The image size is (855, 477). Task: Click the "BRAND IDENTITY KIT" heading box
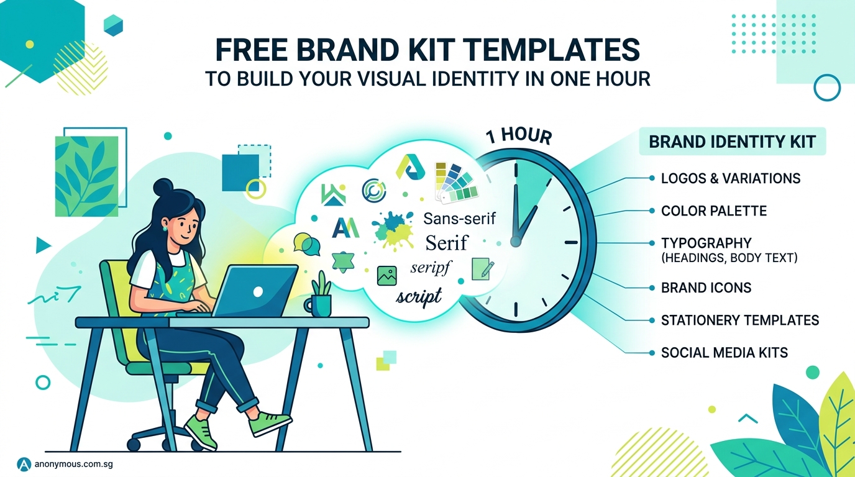(732, 142)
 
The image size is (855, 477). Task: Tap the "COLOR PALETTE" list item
(713, 211)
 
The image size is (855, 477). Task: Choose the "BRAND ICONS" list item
(706, 288)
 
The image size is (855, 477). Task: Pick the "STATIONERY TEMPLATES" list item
(739, 320)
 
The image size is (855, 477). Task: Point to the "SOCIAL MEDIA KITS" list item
(724, 353)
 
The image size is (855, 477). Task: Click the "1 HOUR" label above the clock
(519, 136)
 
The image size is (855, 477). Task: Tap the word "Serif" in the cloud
(447, 242)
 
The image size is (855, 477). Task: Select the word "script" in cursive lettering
(419, 296)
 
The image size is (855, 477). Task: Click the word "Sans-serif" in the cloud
(459, 219)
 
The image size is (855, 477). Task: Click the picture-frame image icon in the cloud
(386, 275)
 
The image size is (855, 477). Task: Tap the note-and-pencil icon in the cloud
(482, 268)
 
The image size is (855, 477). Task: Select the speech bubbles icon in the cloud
(306, 244)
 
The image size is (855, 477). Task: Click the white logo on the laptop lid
(257, 291)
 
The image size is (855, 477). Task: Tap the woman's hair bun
(163, 186)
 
